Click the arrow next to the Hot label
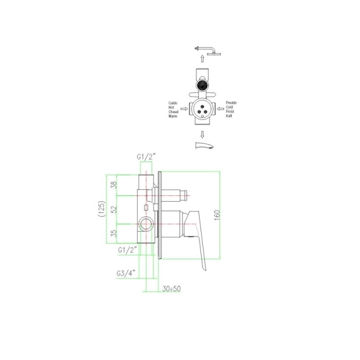point(184,109)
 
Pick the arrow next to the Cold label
point(219,109)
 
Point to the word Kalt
point(229,116)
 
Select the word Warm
point(173,116)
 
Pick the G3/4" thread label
point(127,273)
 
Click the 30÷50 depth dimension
point(171,289)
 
